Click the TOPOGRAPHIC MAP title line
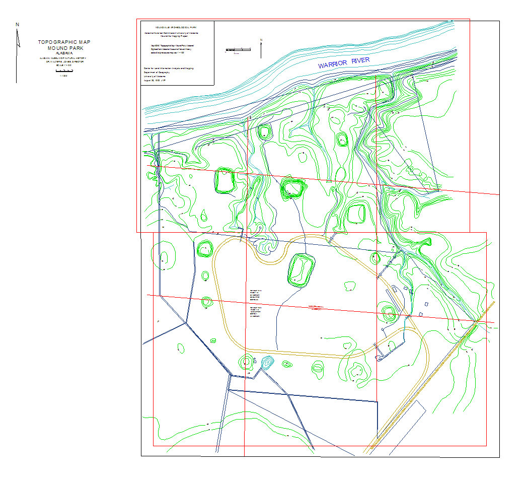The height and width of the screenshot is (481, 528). [x=64, y=43]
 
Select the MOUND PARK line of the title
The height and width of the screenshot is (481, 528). [x=64, y=48]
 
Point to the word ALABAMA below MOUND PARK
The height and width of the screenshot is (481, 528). [x=64, y=53]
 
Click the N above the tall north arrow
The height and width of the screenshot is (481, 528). [x=18, y=24]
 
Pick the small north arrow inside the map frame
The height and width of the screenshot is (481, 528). [x=261, y=49]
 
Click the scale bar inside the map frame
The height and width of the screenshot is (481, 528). [x=239, y=49]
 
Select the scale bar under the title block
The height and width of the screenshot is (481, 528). [x=63, y=71]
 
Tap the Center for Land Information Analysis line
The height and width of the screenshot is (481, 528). [x=169, y=67]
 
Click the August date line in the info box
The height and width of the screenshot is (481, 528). [x=158, y=81]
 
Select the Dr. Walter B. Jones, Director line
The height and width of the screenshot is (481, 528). [x=64, y=61]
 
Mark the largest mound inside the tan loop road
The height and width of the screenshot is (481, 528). [x=301, y=269]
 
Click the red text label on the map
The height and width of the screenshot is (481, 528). [x=316, y=307]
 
